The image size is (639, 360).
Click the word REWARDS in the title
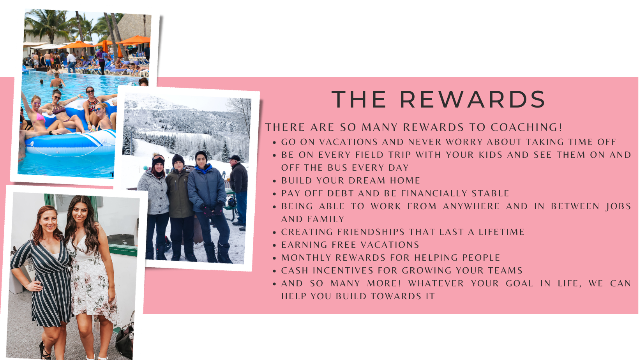[x=473, y=99]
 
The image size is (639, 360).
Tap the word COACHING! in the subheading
[x=526, y=127]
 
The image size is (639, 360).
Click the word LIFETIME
[x=501, y=232]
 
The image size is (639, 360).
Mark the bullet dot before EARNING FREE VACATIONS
[x=274, y=245]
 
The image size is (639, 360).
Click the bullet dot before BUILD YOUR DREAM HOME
[x=274, y=181]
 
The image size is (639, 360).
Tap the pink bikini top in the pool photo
[x=40, y=117]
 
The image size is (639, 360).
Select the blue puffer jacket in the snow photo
[x=207, y=188]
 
